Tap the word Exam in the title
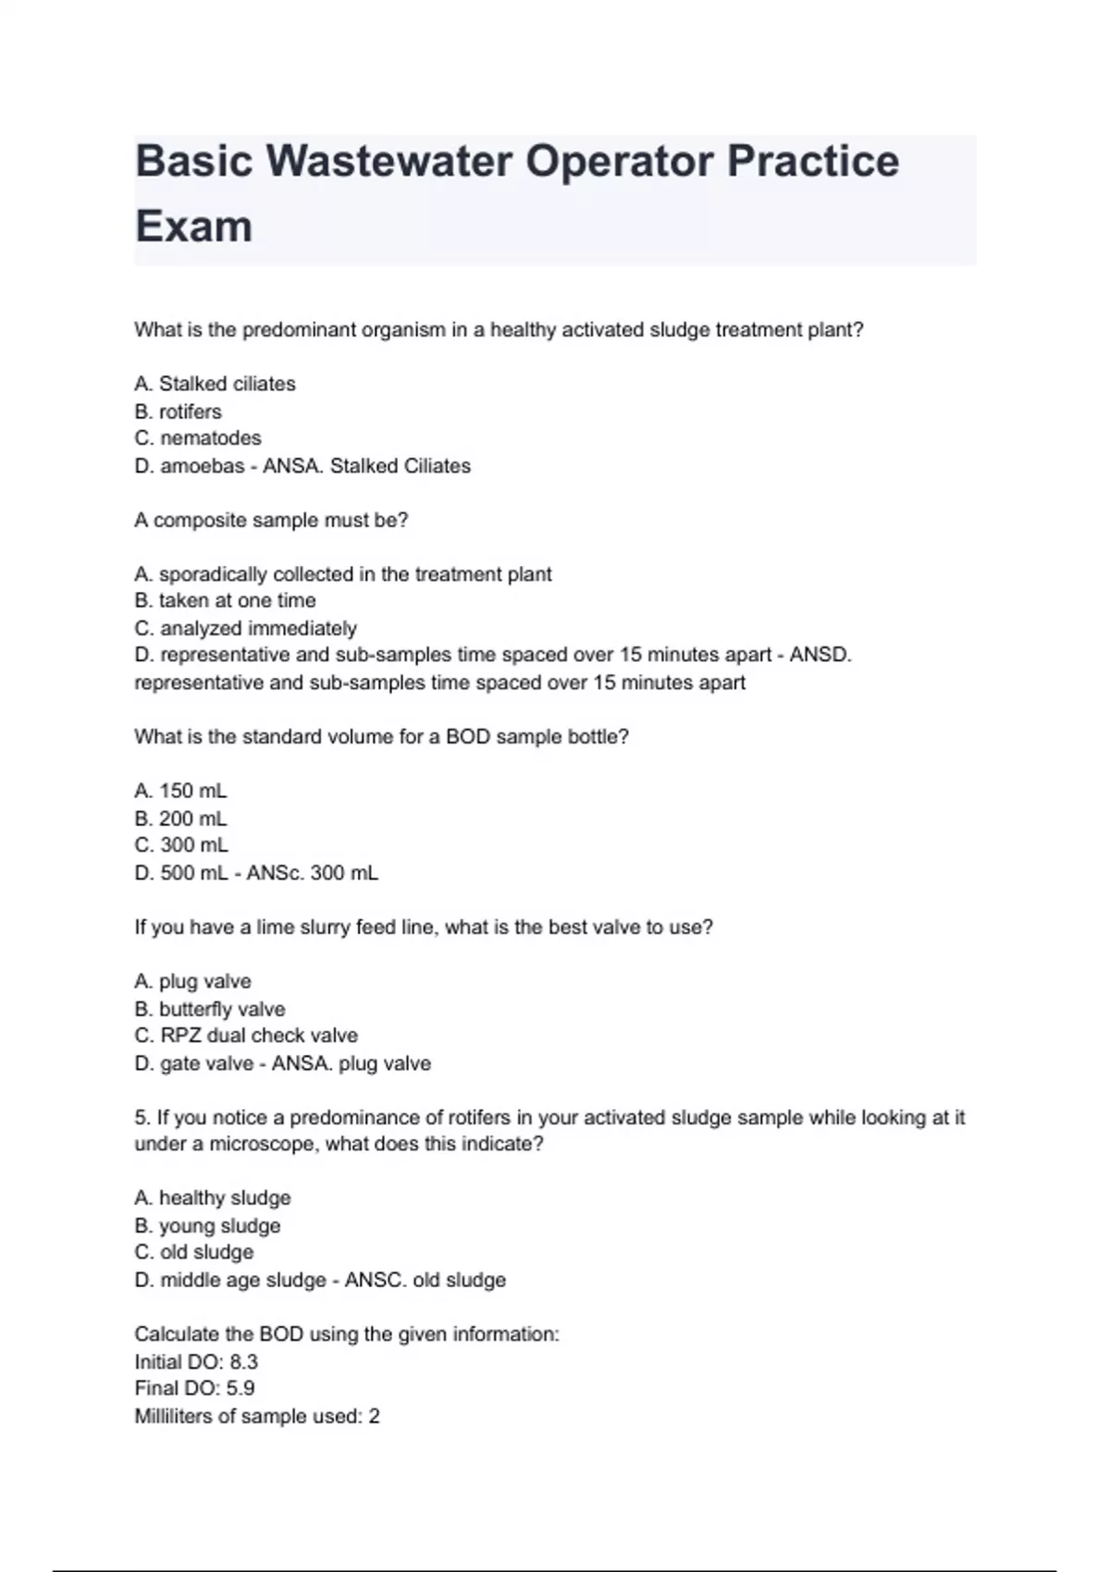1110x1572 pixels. click(193, 227)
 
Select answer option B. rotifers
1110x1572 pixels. click(178, 411)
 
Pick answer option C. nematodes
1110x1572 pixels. click(198, 438)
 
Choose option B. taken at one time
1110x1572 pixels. click(225, 601)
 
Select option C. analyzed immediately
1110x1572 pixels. click(245, 629)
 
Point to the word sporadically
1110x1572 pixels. click(212, 574)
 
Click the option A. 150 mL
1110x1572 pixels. click(180, 792)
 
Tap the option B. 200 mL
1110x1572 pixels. click(180, 819)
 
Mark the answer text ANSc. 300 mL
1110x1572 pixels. click(312, 873)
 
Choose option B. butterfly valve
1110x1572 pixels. click(210, 1010)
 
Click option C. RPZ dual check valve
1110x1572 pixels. click(246, 1036)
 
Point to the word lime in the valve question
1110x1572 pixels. click(275, 927)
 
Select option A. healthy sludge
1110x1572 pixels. click(213, 1198)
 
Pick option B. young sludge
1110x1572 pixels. click(207, 1226)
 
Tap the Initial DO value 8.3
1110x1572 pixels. click(243, 1362)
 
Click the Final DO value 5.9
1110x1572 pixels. click(240, 1389)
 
